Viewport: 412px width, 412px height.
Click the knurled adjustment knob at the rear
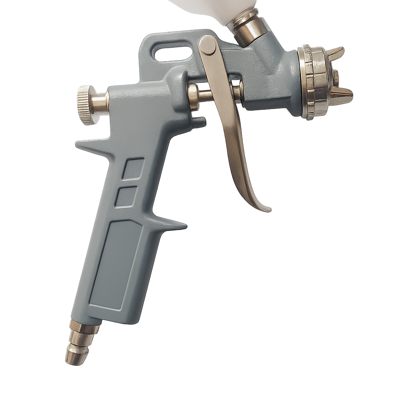coord(84,104)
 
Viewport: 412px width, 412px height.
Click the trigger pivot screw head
coord(208,45)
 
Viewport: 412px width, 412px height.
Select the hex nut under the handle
coord(84,327)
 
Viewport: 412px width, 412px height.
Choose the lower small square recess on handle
coord(126,197)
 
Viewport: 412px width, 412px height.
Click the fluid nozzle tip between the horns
coord(336,78)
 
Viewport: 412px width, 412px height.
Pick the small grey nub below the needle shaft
coord(199,122)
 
